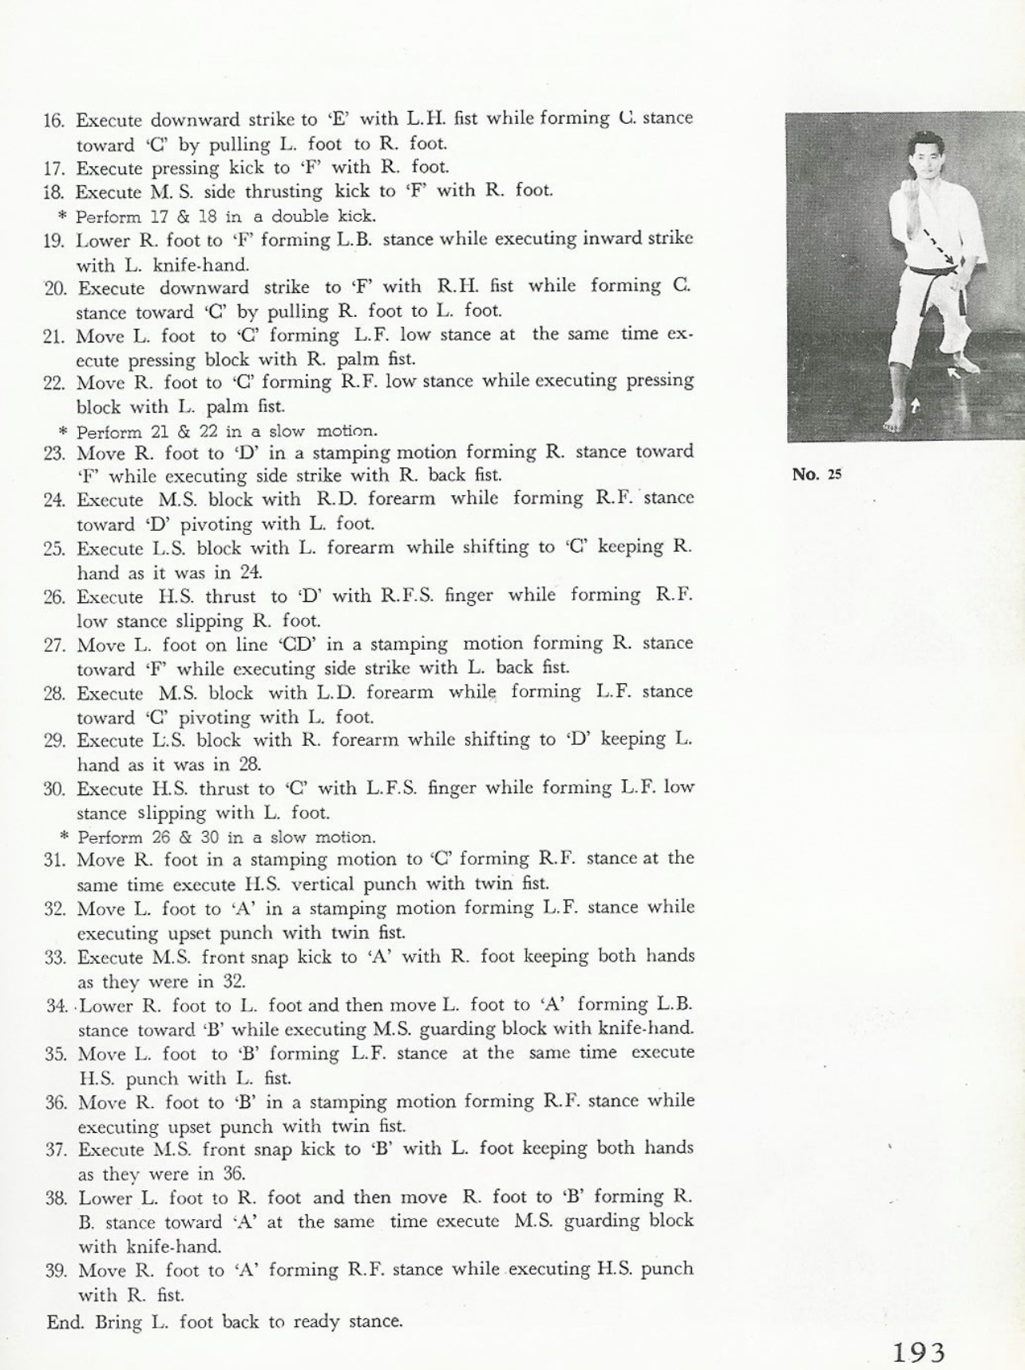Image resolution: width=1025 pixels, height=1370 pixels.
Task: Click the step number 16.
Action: (53, 121)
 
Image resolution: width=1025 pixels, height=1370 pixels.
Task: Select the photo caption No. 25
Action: (817, 475)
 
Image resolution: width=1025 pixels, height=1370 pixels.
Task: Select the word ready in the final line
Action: (319, 1321)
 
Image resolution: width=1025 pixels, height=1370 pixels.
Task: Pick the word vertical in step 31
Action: (325, 884)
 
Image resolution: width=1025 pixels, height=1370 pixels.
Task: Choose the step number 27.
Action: (54, 645)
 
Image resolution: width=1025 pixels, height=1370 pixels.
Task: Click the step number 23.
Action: (54, 453)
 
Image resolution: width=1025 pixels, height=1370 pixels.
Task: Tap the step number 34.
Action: (57, 1006)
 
